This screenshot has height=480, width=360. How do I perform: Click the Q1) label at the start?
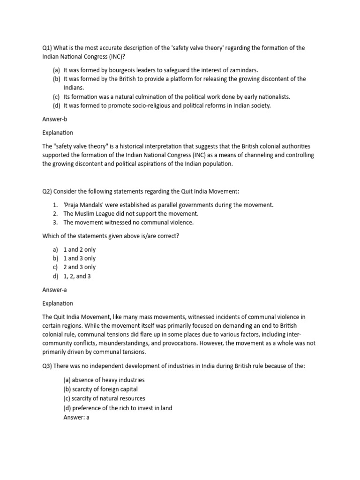click(48, 48)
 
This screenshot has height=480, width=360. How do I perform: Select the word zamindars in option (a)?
click(242, 70)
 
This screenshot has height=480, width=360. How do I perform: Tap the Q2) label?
click(48, 192)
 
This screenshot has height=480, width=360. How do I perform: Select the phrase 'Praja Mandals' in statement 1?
click(83, 205)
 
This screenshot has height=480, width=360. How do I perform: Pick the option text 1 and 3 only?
click(79, 258)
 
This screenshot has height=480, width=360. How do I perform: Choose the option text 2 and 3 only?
click(79, 267)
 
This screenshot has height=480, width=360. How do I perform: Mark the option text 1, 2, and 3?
click(77, 276)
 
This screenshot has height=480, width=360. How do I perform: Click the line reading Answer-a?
click(55, 290)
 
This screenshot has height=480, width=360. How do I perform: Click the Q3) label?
click(48, 366)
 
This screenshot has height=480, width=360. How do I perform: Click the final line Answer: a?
click(76, 417)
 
